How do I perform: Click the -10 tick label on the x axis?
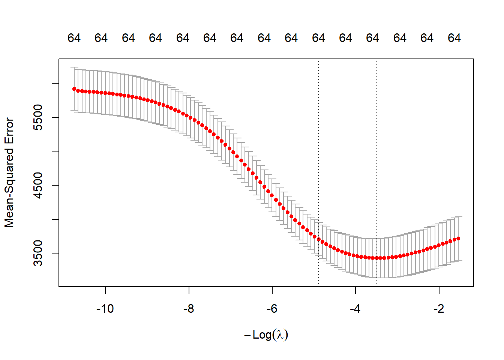point(105,309)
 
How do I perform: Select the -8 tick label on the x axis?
point(189,309)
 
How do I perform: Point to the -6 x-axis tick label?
point(272,309)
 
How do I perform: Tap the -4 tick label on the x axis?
point(355,309)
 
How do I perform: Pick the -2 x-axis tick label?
point(439,309)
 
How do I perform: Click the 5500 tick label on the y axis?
point(38,117)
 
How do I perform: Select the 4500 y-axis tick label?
point(38,185)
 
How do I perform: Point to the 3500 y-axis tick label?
point(38,253)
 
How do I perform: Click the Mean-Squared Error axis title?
point(9,172)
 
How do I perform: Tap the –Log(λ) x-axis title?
point(266,334)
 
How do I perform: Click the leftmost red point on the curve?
point(74,89)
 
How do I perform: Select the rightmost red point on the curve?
point(458,238)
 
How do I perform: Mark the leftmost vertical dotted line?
point(319,150)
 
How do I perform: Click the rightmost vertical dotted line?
point(377,150)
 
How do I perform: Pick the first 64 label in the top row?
point(74,38)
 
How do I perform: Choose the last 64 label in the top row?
point(454,38)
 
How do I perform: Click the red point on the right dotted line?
point(377,258)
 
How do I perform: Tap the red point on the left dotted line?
point(319,239)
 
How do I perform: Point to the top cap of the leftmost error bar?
point(74,67)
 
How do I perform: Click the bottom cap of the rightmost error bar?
point(458,260)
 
